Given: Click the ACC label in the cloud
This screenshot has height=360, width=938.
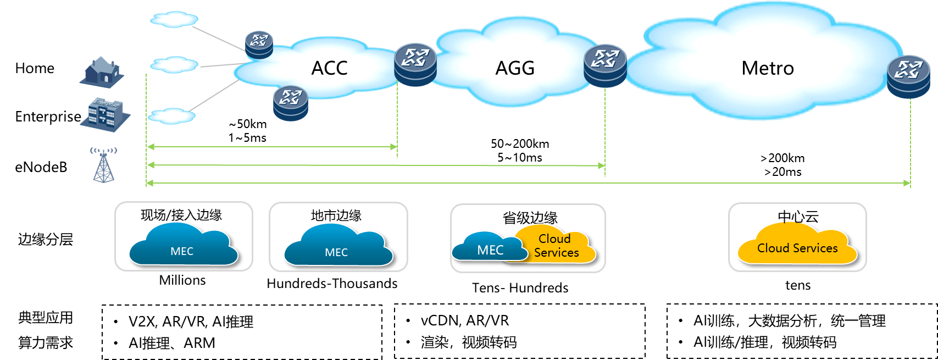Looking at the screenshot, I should (329, 68).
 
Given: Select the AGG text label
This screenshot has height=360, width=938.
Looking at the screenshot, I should (515, 68).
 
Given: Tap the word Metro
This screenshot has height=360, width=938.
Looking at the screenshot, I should (767, 68).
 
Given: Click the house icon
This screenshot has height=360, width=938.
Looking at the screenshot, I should (103, 71).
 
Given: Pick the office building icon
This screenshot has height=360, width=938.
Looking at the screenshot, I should (105, 114).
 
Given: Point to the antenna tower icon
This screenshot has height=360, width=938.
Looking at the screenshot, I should (103, 164).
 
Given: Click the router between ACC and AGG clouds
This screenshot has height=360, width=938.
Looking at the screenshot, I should (415, 64).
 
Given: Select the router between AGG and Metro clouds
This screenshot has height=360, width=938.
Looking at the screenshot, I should (605, 65).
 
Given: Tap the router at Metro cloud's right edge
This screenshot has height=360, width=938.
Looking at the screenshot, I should (908, 76).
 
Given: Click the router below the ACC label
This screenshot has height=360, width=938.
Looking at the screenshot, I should (291, 103).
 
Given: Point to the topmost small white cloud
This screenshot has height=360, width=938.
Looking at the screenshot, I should (174, 19).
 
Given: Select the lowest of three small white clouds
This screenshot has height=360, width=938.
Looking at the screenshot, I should (172, 116).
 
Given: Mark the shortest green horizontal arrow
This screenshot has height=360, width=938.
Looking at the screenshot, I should (272, 147).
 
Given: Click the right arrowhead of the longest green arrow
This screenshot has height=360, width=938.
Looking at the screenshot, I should (907, 183).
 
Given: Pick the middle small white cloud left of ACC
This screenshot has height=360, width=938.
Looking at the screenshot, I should (174, 65).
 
